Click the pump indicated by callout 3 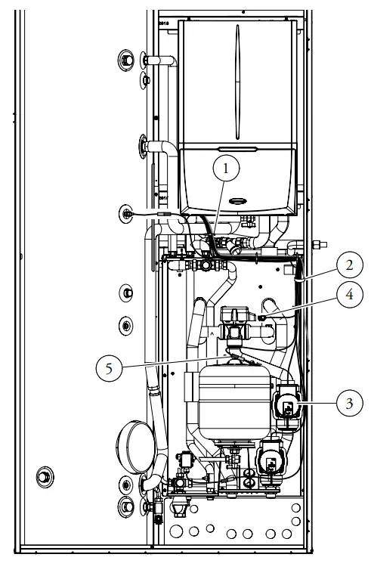pos(289,407)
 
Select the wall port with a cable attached pos(125,215)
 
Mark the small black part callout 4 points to pos(261,317)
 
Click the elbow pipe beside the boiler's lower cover pos(161,151)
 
